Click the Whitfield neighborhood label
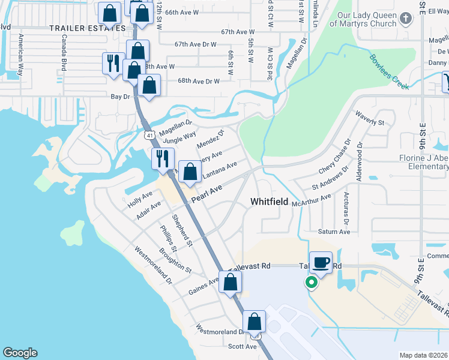269,202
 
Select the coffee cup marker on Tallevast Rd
321,262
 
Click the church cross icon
406,19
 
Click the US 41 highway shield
148,136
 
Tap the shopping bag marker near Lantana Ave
190,173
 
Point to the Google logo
20,353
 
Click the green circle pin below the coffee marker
312,282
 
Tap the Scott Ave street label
243,346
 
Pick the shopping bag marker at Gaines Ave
230,282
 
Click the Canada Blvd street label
63,52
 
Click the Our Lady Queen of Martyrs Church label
367,19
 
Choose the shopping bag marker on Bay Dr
149,86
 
